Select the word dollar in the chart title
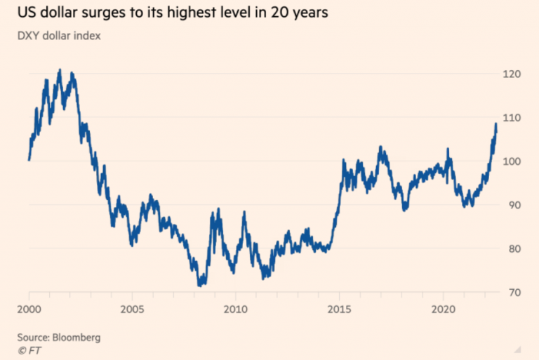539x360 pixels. (x=58, y=12)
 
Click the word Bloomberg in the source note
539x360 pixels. (x=77, y=338)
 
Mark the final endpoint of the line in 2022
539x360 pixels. (x=496, y=124)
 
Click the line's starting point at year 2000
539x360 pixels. (x=29, y=160)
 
